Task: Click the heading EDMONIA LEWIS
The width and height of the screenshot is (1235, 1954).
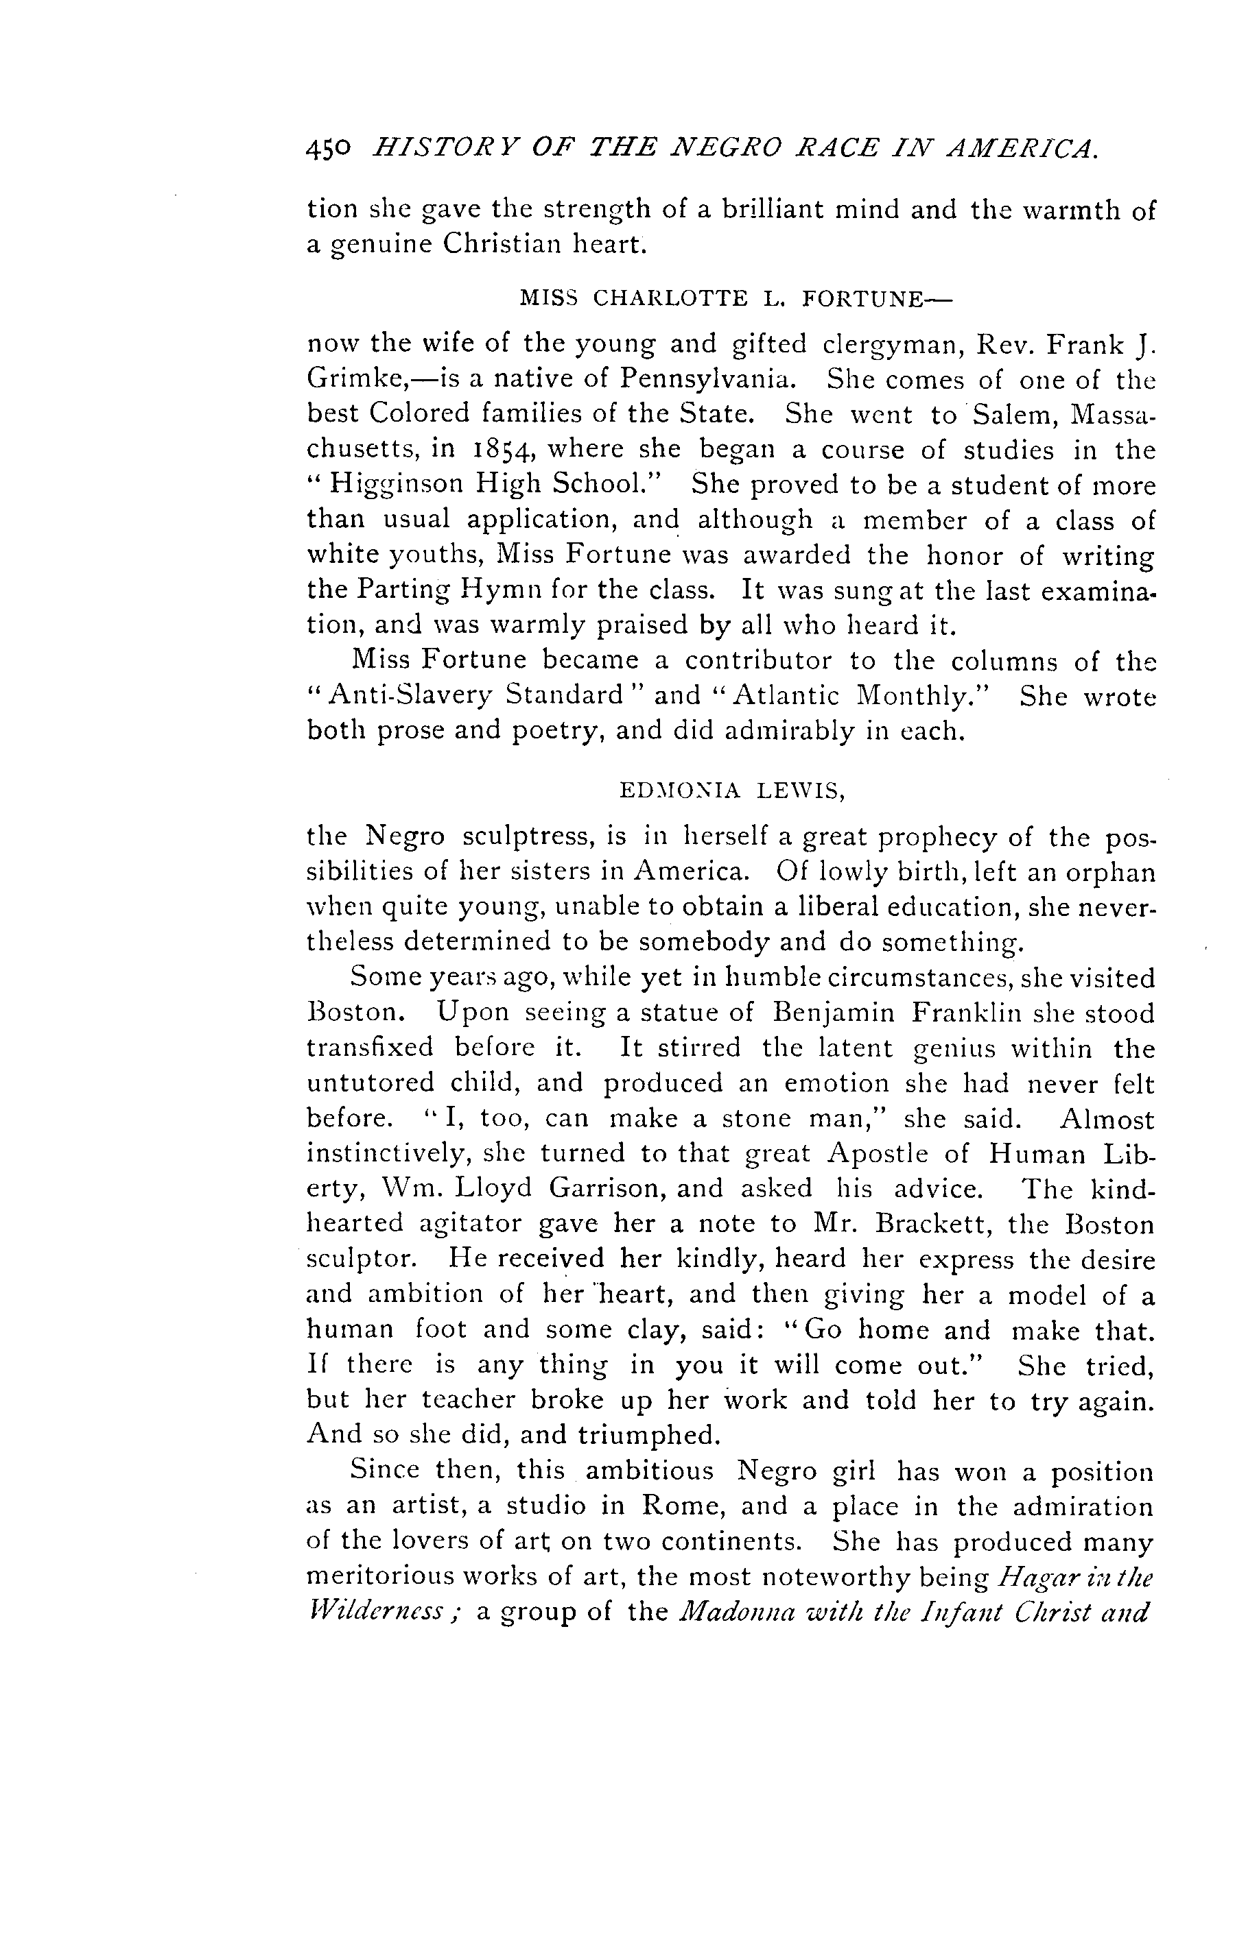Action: [731, 791]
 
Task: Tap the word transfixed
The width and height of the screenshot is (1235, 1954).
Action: [369, 1048]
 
